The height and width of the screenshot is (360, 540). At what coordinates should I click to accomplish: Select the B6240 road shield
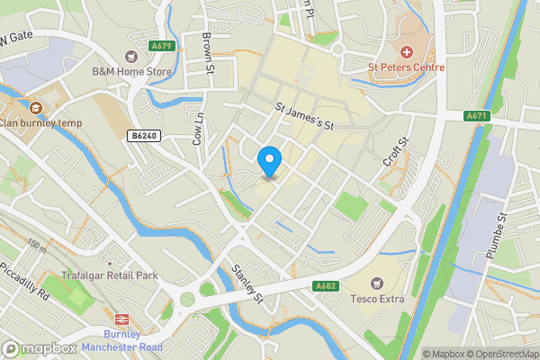point(139,136)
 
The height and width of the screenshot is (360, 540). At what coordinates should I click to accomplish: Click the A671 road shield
point(476,116)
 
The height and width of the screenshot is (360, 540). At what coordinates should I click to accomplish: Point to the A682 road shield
point(326,287)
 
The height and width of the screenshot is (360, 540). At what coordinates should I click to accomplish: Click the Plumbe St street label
point(498,236)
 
